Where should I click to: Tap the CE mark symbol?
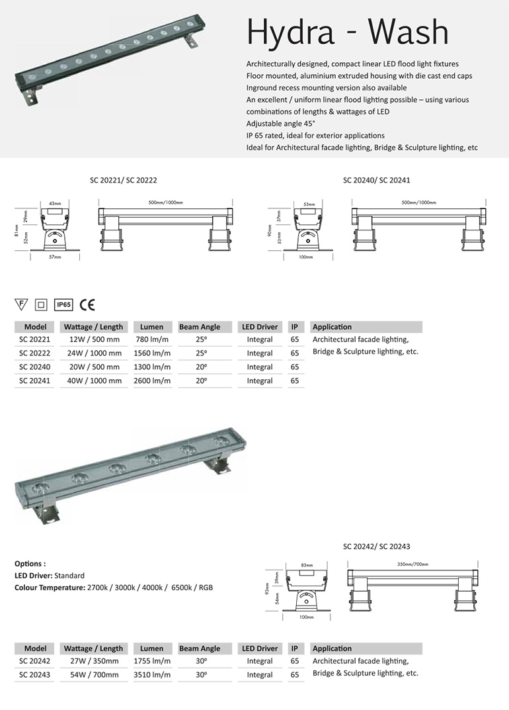(x=87, y=305)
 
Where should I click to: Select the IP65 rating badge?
(x=63, y=305)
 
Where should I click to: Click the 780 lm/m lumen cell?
(x=152, y=339)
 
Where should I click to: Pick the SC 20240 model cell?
(x=34, y=367)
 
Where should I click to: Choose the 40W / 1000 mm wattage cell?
(x=93, y=380)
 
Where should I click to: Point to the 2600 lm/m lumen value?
(x=152, y=380)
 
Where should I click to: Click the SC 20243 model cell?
(x=34, y=674)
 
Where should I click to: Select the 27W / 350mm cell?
(x=93, y=660)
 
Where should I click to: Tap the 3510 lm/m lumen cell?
(x=152, y=674)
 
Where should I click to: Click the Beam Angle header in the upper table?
(x=200, y=327)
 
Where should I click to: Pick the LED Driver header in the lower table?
(x=259, y=648)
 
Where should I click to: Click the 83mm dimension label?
(x=305, y=565)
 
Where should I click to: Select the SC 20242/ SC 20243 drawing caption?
(x=377, y=547)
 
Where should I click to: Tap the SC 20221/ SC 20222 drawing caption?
(x=123, y=179)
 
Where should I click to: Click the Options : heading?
(x=30, y=564)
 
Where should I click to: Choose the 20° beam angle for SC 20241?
(x=200, y=380)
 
